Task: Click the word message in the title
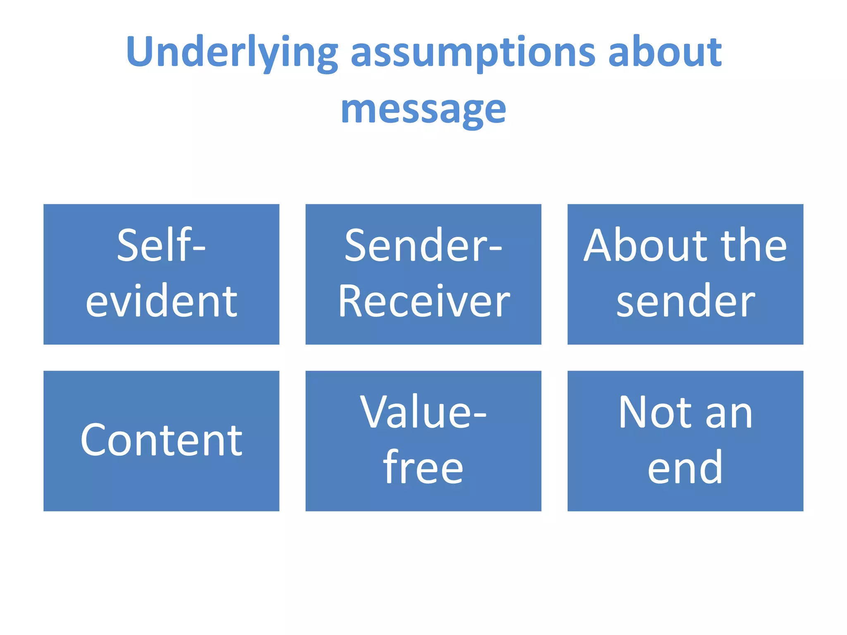click(423, 110)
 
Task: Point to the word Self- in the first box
click(161, 246)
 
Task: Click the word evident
click(161, 301)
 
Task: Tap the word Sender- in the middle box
click(423, 246)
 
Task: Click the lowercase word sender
click(685, 302)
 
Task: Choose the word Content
click(161, 441)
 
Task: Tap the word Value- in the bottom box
click(423, 412)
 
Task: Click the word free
click(423, 468)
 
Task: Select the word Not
click(655, 412)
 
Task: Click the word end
click(685, 468)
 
